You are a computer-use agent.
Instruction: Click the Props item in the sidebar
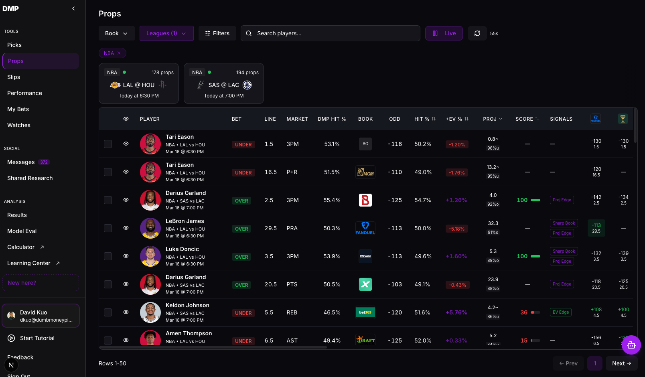(x=40, y=61)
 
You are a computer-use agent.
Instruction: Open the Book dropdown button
(x=116, y=33)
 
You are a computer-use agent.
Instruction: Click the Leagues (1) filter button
(x=166, y=33)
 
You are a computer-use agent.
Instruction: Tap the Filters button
(x=217, y=33)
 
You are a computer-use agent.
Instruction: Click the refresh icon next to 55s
(x=477, y=33)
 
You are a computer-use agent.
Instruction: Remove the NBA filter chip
(x=119, y=53)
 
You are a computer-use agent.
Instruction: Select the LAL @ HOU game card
(x=139, y=83)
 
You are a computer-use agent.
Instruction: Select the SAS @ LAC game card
(x=224, y=83)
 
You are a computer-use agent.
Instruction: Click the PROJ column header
(x=492, y=119)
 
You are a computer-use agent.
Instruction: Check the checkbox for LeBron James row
(x=108, y=228)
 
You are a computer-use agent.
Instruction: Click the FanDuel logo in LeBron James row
(x=365, y=228)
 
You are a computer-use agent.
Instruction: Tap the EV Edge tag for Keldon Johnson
(x=560, y=312)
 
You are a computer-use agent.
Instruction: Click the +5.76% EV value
(x=456, y=312)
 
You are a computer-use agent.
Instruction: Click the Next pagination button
(x=621, y=363)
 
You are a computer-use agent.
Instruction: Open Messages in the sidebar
(x=21, y=162)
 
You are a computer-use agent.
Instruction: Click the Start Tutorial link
(x=37, y=338)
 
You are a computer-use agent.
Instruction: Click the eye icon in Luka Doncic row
(x=126, y=256)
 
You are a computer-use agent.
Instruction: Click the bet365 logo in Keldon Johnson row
(x=365, y=312)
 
